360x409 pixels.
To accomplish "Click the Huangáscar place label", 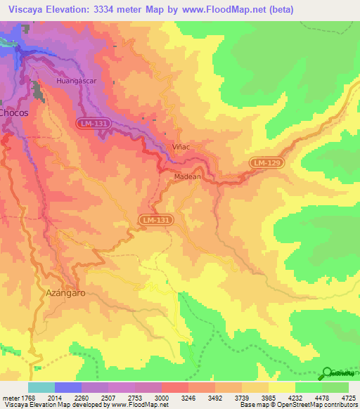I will coord(77,82).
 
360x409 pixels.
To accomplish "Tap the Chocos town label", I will coord(13,112).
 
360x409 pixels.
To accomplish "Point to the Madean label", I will coord(187,176).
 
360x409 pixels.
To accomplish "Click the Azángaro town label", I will coord(65,293).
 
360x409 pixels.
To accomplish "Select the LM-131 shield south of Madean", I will coord(155,220).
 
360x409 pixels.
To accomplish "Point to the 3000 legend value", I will coord(161,398).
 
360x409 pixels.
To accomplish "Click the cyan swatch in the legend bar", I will coord(41,387).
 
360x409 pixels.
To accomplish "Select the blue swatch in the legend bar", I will coord(68,387).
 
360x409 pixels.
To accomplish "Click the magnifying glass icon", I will coord(327,373).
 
